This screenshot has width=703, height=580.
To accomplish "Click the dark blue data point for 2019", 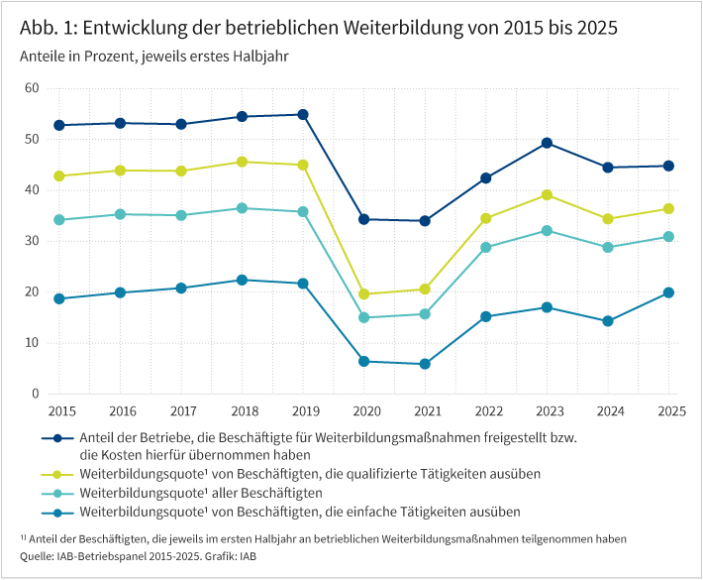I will [x=303, y=114].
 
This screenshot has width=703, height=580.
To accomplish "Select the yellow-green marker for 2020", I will [x=364, y=293].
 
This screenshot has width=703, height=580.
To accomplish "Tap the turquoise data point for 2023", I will [x=547, y=230].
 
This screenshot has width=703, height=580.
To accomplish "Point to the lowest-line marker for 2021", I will [x=425, y=364].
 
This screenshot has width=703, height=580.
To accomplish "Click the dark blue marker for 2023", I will [x=547, y=143].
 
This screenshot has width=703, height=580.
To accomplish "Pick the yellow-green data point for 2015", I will [x=59, y=175].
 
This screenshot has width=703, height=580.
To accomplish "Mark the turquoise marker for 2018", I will [x=243, y=208].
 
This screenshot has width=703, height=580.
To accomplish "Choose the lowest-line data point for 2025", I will [x=668, y=292].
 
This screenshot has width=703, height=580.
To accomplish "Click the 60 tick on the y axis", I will [x=32, y=88].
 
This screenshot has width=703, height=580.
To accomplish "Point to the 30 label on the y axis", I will [x=32, y=241].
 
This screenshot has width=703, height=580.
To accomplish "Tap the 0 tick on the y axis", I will [x=35, y=394].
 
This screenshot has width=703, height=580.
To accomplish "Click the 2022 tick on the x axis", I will [x=486, y=409].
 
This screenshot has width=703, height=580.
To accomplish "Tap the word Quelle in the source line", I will [x=36, y=556].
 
